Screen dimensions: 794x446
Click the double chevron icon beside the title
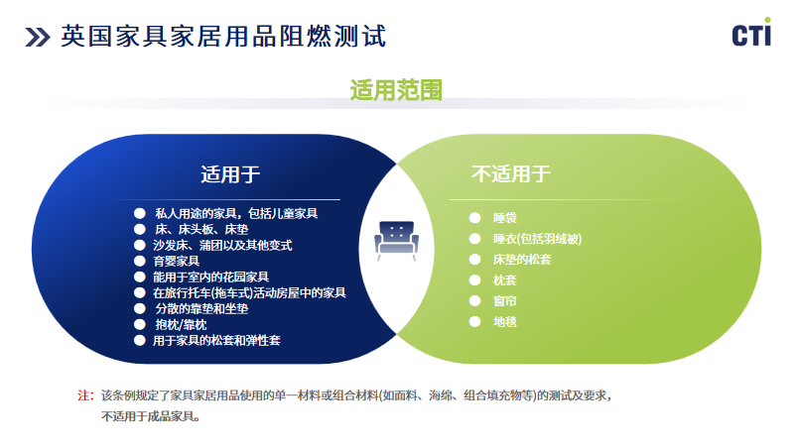coord(38,37)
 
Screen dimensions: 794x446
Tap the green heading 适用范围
coord(396,90)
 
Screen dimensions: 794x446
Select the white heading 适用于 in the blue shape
coord(230,174)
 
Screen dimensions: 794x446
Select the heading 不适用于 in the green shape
coord(511,174)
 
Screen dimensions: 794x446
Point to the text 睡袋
coord(505,218)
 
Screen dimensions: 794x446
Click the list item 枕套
coord(505,280)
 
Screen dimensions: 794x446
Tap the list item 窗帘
coord(505,301)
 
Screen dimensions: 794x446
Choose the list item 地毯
coord(505,321)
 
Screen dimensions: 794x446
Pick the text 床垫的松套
coord(522,260)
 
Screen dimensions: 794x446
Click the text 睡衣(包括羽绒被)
coord(537,239)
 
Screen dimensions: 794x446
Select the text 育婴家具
coord(177,261)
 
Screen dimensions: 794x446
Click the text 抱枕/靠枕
coord(181,325)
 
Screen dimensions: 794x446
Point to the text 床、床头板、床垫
coord(201,230)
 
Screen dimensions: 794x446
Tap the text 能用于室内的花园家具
coord(211,278)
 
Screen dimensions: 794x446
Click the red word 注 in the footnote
coord(83,395)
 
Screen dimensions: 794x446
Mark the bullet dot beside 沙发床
coord(140,245)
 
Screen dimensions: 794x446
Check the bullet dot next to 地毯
coord(475,321)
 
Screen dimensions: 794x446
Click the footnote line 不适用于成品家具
coord(151,416)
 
